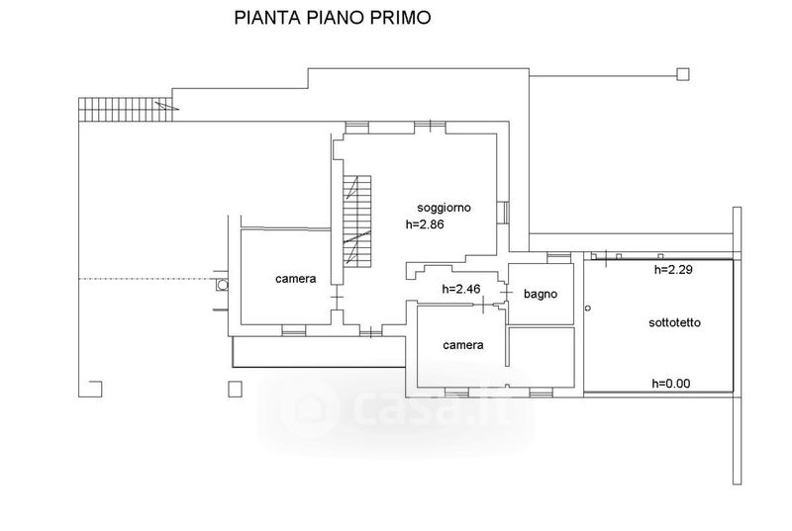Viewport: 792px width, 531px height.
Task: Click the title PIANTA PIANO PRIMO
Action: coord(333,18)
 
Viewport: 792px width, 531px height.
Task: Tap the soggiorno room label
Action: coord(444,208)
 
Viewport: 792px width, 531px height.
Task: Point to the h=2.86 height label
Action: coord(425,224)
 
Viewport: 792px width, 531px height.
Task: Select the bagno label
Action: coord(541,294)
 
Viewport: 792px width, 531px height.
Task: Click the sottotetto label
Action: coord(674,322)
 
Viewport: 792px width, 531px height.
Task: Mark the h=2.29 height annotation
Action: coord(673,270)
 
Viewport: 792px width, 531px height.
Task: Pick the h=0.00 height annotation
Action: coord(671,384)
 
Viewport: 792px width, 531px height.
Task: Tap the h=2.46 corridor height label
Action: coord(461,289)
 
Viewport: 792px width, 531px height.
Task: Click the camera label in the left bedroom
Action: coord(295,279)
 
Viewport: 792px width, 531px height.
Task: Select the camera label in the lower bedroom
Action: coord(463,345)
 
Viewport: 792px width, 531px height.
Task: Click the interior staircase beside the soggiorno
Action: coord(357,221)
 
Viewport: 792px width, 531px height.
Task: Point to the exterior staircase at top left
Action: coord(126,109)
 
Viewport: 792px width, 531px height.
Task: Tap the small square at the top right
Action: coord(683,74)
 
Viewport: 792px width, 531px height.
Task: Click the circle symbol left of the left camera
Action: coord(222,285)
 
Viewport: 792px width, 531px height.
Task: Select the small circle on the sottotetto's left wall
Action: coord(587,308)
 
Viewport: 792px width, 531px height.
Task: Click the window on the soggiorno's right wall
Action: coord(503,213)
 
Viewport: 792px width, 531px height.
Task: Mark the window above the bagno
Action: coord(559,257)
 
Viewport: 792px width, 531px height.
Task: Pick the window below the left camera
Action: coord(294,330)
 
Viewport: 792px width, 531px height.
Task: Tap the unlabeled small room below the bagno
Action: coord(541,357)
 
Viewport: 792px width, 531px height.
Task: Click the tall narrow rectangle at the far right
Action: coord(737,345)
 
